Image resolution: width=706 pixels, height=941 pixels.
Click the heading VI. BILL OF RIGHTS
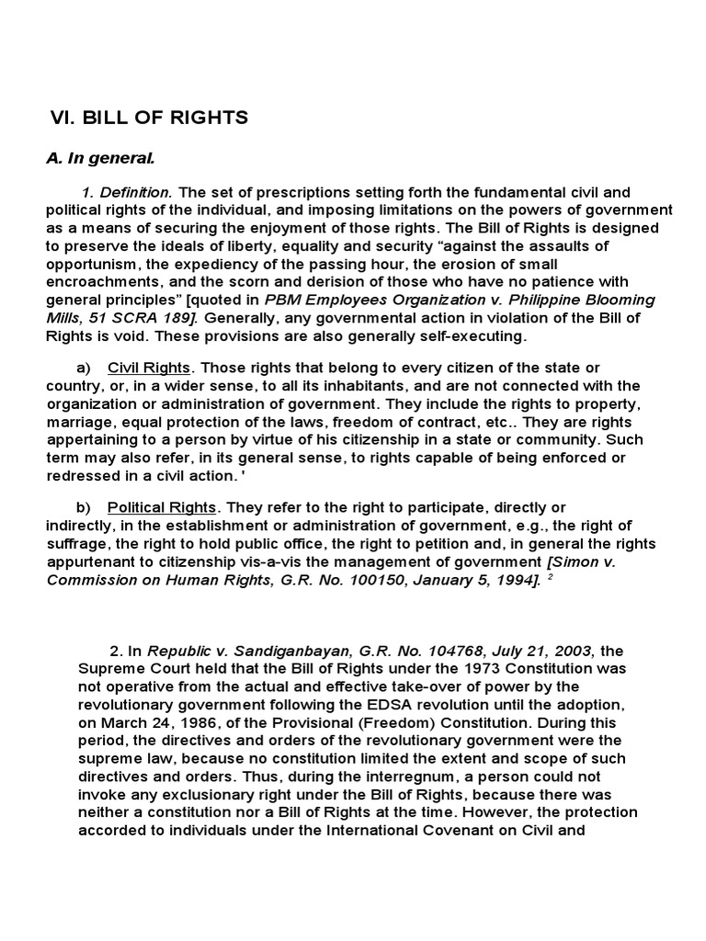pyautogui.click(x=148, y=118)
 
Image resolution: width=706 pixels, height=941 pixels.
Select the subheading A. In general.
pyautogui.click(x=100, y=158)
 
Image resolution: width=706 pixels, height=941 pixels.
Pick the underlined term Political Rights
pyautogui.click(x=162, y=507)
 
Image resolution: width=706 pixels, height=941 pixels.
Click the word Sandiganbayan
pyautogui.click(x=303, y=652)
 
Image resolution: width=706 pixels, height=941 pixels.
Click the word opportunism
pyautogui.click(x=93, y=266)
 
